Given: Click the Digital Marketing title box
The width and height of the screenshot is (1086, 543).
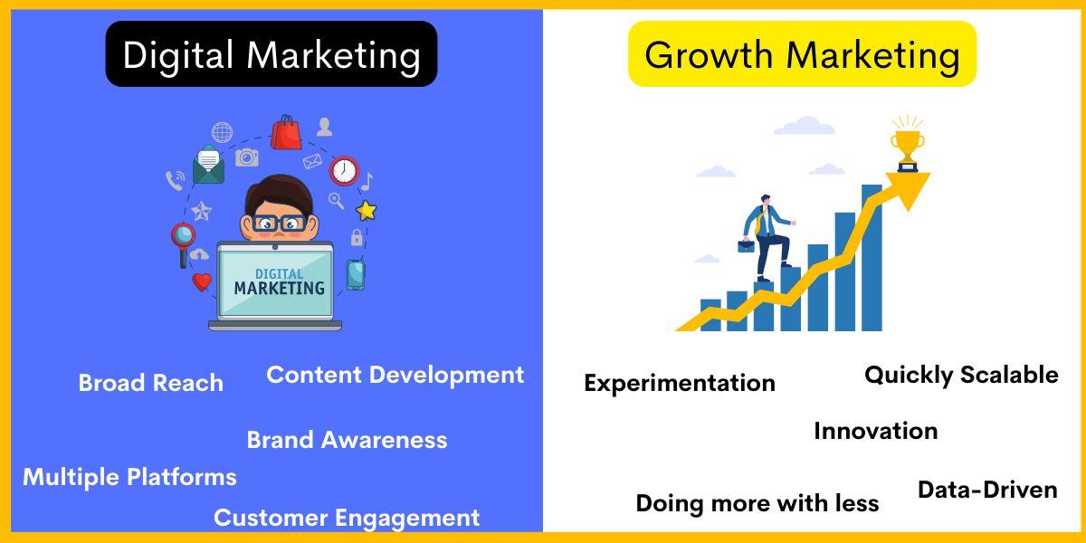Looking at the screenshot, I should (x=271, y=54).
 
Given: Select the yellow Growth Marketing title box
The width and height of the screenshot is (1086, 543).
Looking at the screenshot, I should (x=802, y=54).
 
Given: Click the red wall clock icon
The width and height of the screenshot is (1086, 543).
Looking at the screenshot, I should (x=344, y=170).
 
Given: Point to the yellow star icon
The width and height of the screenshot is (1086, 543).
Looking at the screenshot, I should (x=366, y=211).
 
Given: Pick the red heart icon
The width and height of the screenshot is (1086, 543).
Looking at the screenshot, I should (x=202, y=282).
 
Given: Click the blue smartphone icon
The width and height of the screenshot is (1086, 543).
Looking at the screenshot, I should (x=356, y=274).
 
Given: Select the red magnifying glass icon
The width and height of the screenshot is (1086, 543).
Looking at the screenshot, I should (x=184, y=238).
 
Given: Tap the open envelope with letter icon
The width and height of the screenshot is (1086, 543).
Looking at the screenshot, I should (x=208, y=164).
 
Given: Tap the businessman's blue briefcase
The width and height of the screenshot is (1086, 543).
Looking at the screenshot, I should (x=747, y=243).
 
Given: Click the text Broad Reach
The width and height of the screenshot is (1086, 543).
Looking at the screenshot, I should (x=151, y=383).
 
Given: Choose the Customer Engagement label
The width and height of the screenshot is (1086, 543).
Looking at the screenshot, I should (x=347, y=518).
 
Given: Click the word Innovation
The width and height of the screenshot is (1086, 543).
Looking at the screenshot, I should (x=875, y=431).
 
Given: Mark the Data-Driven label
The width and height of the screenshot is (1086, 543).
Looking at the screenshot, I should (x=987, y=490).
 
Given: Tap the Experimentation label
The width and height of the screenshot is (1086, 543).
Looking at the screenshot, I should (x=680, y=383).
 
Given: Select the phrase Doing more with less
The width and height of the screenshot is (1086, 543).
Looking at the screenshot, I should (x=757, y=503).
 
